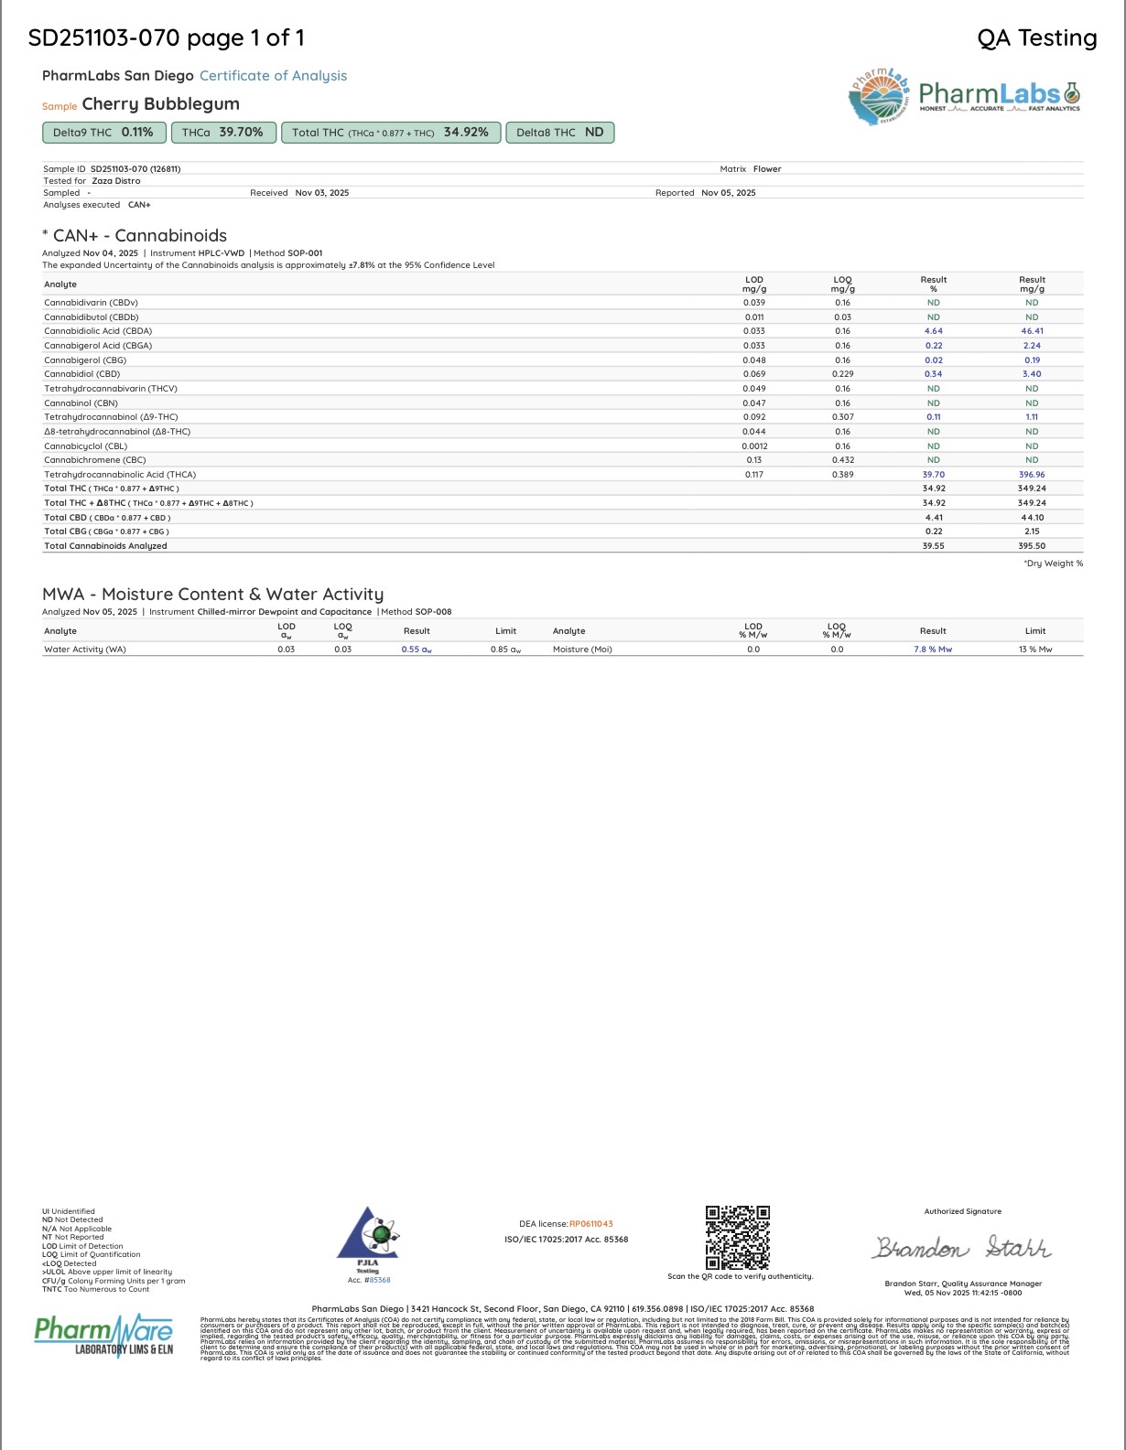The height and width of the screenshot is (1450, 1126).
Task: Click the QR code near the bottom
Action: tap(737, 1237)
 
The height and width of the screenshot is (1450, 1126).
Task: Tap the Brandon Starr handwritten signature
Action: tap(961, 1248)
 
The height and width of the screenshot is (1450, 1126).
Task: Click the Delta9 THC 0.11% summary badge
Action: tap(103, 133)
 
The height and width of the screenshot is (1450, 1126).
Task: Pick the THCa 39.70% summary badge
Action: tap(222, 133)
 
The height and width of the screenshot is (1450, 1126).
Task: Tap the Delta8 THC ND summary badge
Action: tap(559, 133)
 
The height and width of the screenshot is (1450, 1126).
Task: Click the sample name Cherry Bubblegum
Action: tap(161, 104)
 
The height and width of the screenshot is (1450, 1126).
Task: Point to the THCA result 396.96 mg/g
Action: tap(1032, 475)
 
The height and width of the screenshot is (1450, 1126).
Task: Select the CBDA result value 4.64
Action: tap(933, 331)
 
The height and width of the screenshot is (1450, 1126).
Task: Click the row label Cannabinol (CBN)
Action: tap(81, 403)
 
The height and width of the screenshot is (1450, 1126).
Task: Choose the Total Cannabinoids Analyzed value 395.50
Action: tap(1032, 546)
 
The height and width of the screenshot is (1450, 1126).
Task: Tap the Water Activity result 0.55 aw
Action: tap(417, 650)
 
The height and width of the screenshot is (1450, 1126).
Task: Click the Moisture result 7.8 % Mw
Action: tap(933, 650)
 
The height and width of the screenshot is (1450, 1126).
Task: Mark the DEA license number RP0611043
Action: tap(591, 1224)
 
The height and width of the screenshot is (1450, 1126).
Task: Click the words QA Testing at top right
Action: tap(1037, 38)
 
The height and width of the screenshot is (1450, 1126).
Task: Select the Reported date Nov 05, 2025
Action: tap(729, 193)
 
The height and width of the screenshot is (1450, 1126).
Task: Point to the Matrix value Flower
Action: tap(767, 169)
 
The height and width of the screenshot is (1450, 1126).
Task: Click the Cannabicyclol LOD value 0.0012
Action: tap(754, 446)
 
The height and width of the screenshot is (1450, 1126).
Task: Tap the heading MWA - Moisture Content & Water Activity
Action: tap(213, 595)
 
